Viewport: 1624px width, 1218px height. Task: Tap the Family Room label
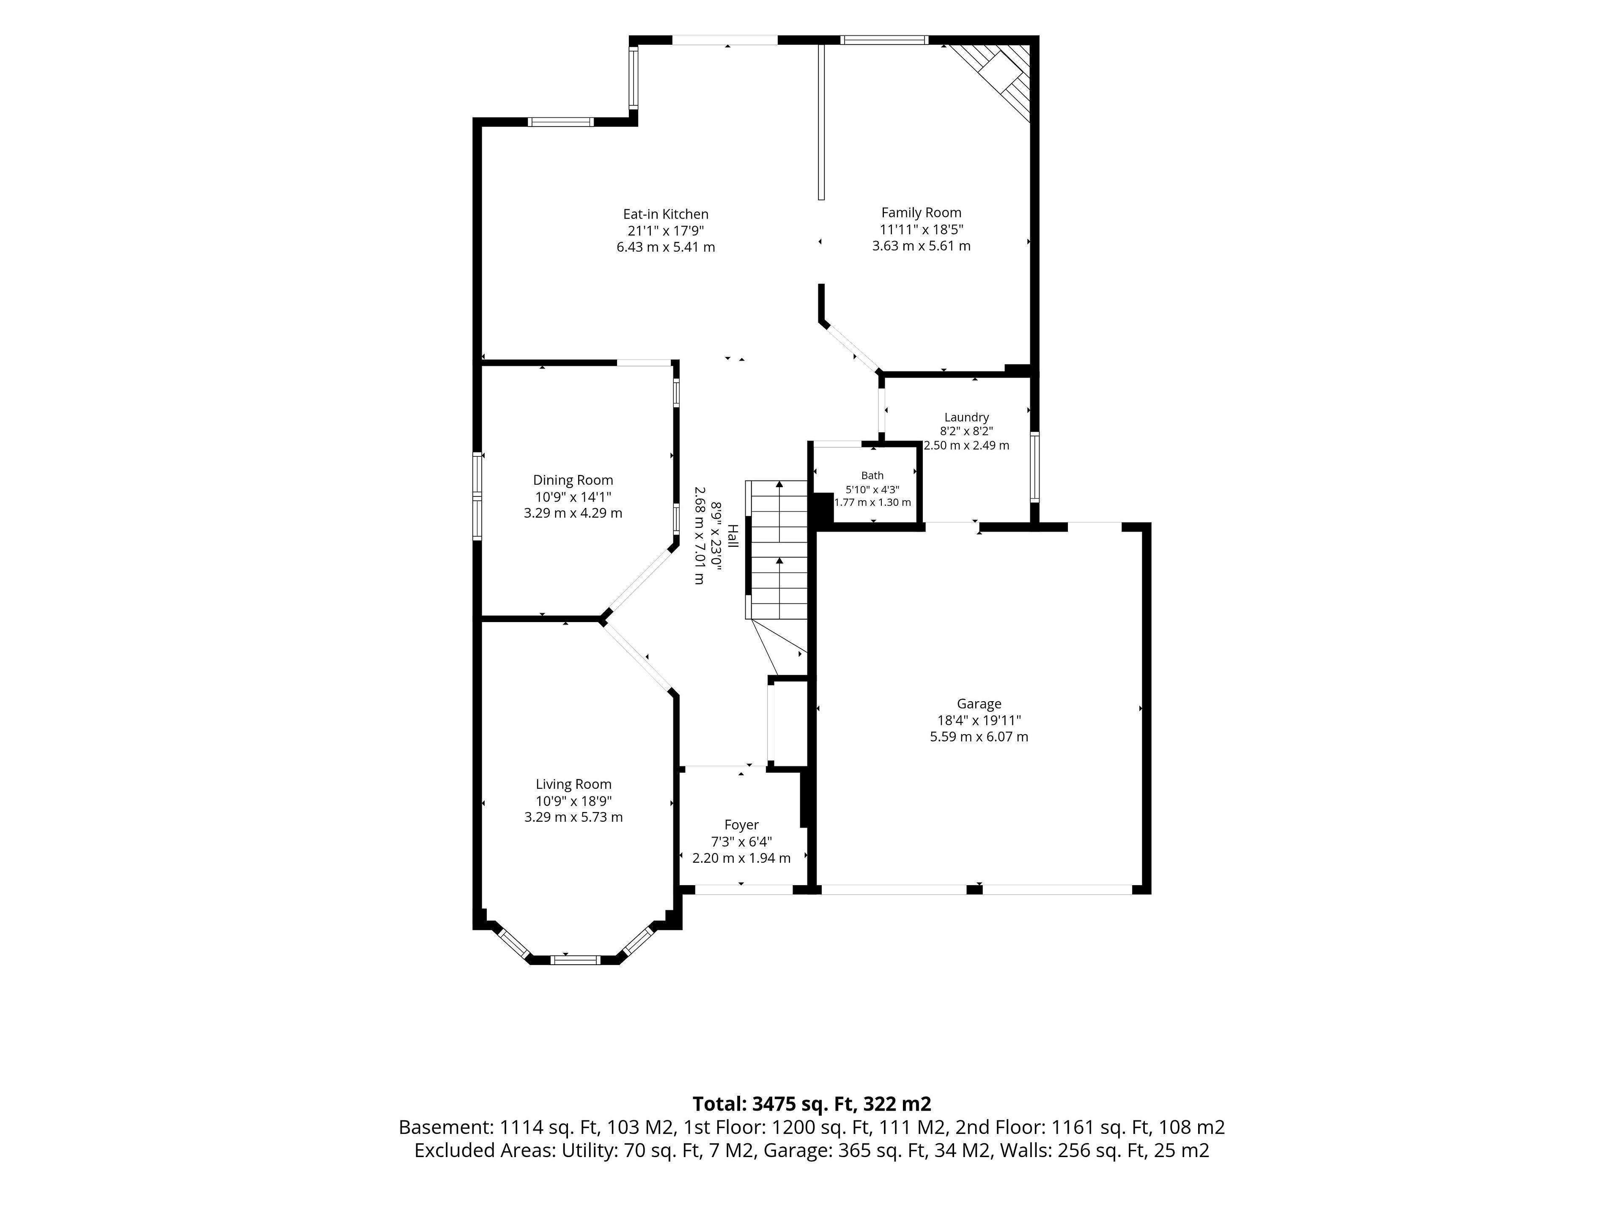click(922, 213)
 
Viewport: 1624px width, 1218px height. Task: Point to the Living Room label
click(573, 784)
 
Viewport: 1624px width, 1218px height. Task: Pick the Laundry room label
click(966, 417)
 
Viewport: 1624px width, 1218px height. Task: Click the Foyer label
click(741, 825)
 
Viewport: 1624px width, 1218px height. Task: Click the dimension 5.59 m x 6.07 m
click(979, 736)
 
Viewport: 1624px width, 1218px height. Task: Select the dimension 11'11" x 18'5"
click(922, 230)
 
